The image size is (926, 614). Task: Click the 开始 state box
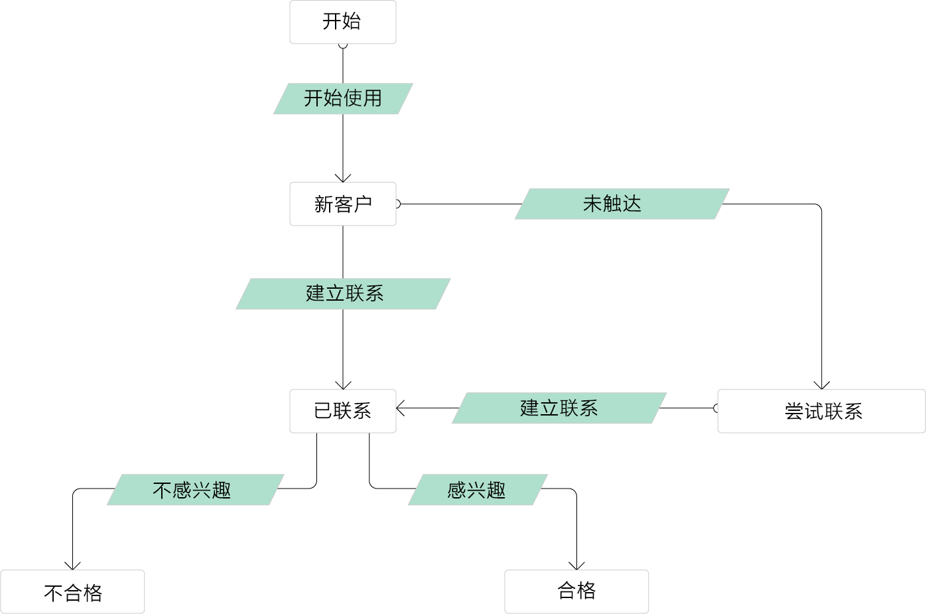point(342,22)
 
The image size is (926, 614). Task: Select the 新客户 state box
point(342,204)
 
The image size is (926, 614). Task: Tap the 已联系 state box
point(342,411)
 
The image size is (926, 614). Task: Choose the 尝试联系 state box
point(821,411)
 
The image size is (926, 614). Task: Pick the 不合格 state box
point(72,591)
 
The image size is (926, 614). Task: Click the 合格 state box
point(576,591)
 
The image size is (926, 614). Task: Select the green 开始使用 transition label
point(343,99)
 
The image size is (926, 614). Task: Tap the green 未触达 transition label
point(622,204)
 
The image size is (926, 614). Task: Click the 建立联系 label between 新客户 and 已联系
point(344,293)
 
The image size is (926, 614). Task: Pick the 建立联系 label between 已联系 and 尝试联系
point(559,408)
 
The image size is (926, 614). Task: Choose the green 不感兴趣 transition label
point(195,490)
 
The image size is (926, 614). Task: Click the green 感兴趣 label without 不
point(478,490)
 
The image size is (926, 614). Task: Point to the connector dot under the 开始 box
point(343,44)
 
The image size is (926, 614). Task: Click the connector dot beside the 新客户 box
point(397,204)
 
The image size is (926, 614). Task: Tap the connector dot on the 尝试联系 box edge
point(717,408)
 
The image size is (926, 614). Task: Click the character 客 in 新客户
point(343,204)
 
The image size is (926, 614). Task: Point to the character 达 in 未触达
point(632,204)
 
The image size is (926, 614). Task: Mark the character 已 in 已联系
point(323,411)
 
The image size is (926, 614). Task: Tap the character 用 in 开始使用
point(372,99)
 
